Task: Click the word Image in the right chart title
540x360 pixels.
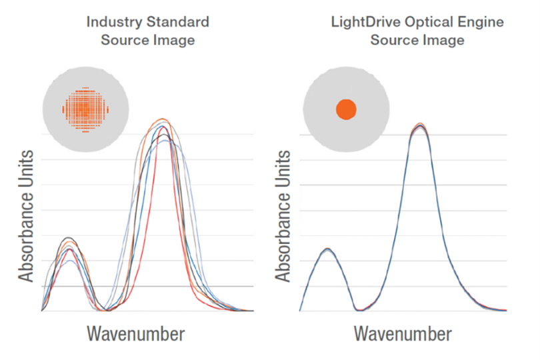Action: point(443,40)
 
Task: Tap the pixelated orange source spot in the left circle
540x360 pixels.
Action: point(85,108)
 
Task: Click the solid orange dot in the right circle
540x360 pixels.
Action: point(346,109)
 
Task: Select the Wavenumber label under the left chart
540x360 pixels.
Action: point(135,333)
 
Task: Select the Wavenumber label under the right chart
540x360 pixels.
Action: point(403,333)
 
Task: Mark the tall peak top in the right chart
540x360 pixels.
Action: point(419,125)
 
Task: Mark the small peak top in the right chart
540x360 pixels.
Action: point(327,249)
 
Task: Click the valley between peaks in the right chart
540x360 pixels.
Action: point(359,309)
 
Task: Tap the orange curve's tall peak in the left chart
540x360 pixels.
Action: point(161,119)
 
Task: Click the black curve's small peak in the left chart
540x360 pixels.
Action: point(67,238)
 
